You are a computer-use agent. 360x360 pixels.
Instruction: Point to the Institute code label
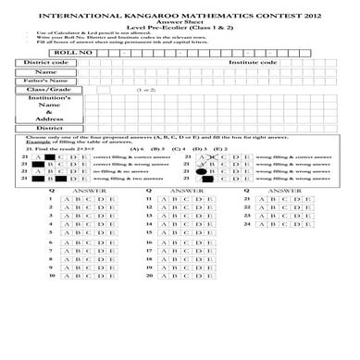pos(253,63)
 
